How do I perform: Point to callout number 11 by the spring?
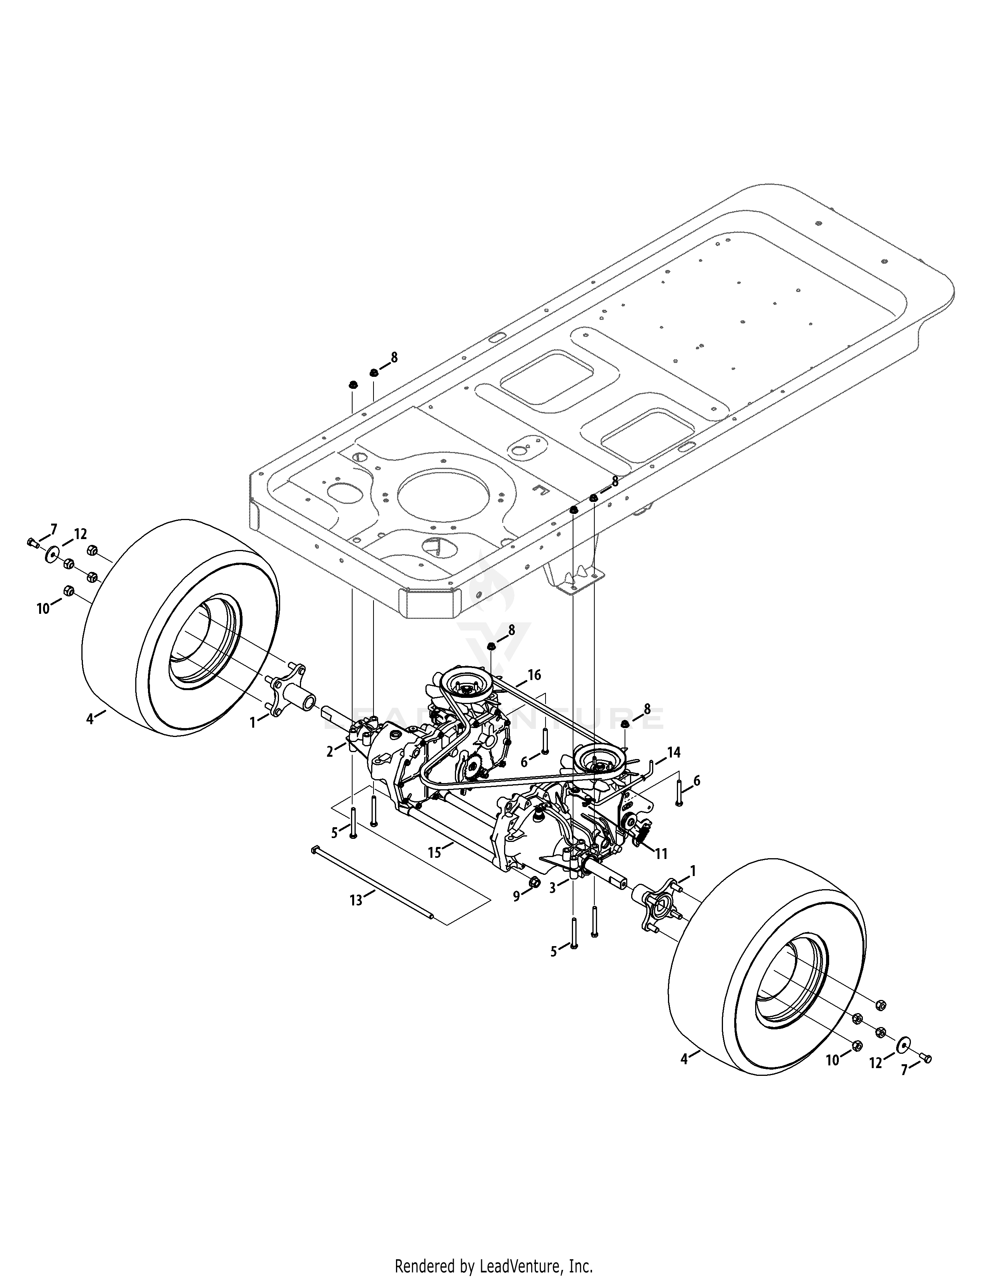tap(661, 854)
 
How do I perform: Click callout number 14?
tap(674, 752)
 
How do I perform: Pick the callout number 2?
tap(330, 751)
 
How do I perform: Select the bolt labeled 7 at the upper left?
tap(32, 543)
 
